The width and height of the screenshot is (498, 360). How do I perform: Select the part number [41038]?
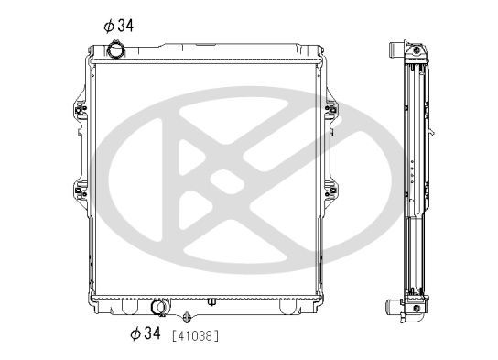coord(195,336)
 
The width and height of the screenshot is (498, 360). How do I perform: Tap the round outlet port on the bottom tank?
coord(159,308)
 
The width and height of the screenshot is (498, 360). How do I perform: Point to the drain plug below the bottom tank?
coord(186,317)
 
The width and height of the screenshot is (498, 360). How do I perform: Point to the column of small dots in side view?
coord(415,171)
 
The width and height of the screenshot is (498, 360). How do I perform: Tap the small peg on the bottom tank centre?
coord(211,301)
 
